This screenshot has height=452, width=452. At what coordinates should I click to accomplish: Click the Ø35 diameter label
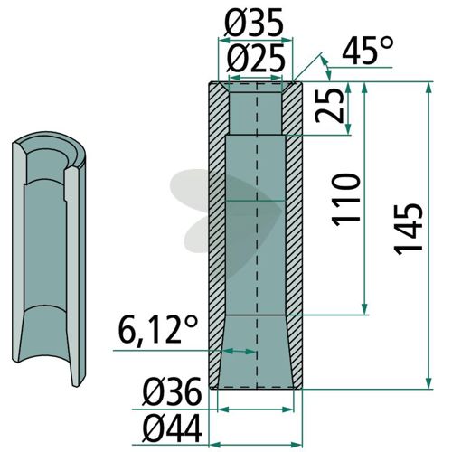pos(254,23)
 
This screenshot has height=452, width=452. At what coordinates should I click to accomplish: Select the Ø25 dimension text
pos(256,58)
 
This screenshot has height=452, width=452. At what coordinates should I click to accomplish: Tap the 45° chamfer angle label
pos(368,51)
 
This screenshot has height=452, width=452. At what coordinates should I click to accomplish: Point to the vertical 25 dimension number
pos(329,106)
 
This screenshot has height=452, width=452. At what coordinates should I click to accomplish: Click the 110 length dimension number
pos(346,199)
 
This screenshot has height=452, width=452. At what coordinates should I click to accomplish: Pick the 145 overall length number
pos(409,230)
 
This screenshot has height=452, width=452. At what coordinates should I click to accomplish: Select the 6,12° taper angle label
pos(158,331)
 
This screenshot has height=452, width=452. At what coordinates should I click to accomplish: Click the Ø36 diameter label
pos(172,391)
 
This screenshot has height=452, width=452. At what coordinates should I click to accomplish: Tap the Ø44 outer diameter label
pos(172,428)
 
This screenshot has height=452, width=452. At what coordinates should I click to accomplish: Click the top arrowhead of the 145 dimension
pos(429,86)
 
